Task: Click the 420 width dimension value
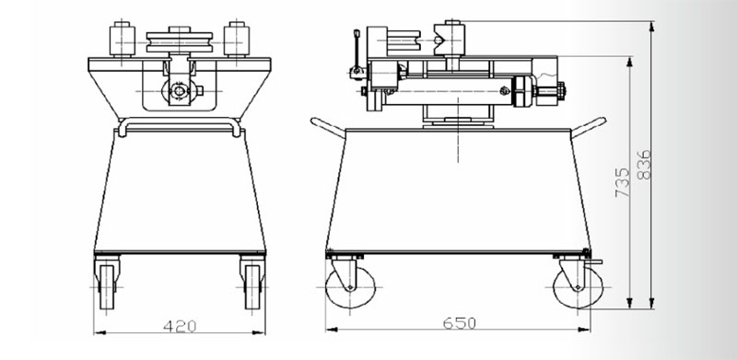click(180, 326)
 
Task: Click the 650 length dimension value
click(459, 323)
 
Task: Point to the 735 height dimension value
click(623, 182)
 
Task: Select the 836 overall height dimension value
click(644, 165)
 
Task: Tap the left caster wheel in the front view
click(107, 286)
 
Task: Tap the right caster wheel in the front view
click(252, 286)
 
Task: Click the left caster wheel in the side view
click(350, 287)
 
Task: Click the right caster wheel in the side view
click(579, 287)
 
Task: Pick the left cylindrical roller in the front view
click(123, 40)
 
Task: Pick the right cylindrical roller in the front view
click(237, 40)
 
